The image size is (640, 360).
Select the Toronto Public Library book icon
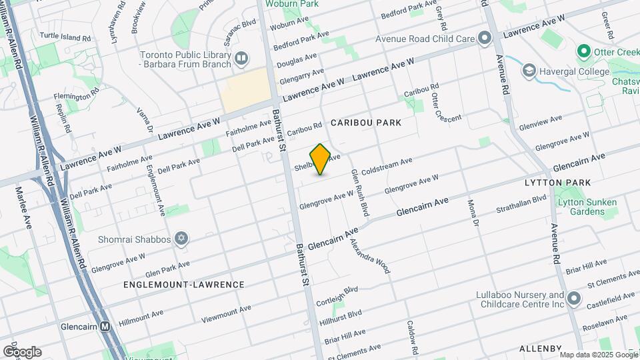[241, 60]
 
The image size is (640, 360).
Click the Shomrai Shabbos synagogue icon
[181, 239]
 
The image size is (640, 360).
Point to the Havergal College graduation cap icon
[529, 71]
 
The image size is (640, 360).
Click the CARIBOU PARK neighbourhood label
[366, 123]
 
